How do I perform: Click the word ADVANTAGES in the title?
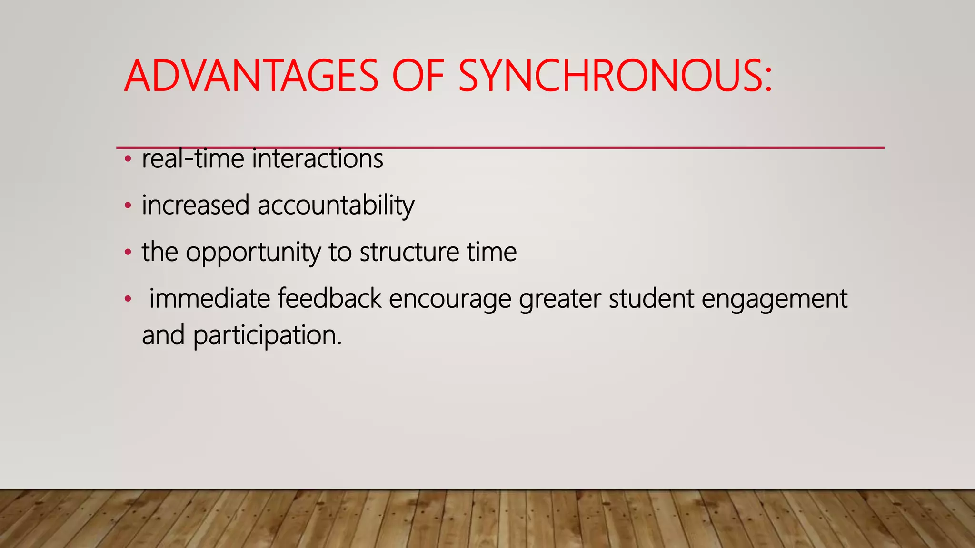pos(251,76)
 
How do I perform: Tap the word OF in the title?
pos(418,76)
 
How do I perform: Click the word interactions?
pos(317,159)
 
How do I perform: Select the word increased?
pos(196,205)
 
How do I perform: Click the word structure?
pos(409,252)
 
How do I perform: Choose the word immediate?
pos(209,299)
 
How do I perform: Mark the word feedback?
pos(329,299)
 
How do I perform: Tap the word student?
pos(651,299)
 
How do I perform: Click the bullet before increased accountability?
pos(127,206)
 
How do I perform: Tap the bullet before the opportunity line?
pos(127,253)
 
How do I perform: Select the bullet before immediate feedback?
pos(127,299)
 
